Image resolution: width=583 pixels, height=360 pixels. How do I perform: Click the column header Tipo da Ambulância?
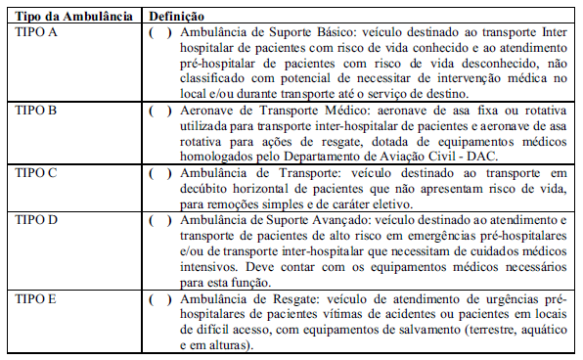[69, 18]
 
